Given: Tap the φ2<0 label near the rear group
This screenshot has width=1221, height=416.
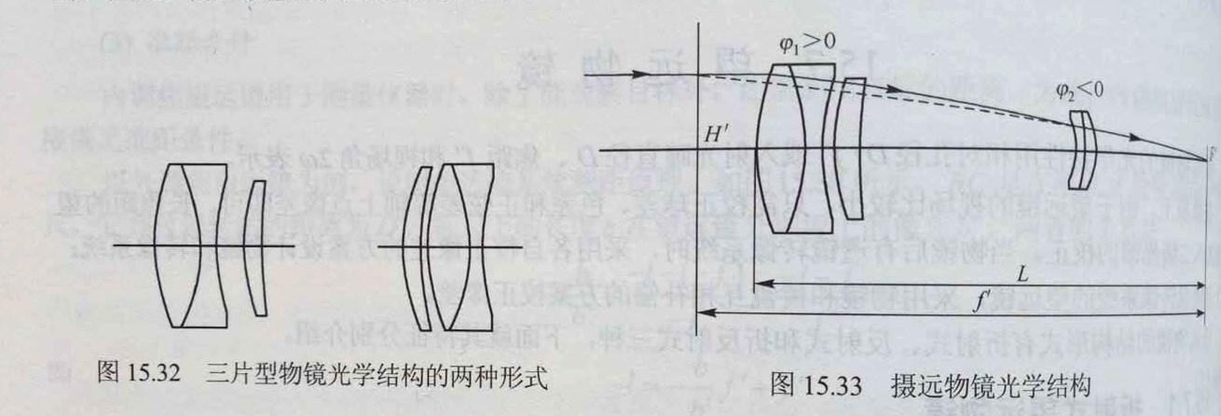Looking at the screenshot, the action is click(1078, 90).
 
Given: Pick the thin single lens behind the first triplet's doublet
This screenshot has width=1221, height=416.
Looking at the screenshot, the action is click(253, 245).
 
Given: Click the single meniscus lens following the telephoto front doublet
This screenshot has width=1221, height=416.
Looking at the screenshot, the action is click(850, 149).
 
